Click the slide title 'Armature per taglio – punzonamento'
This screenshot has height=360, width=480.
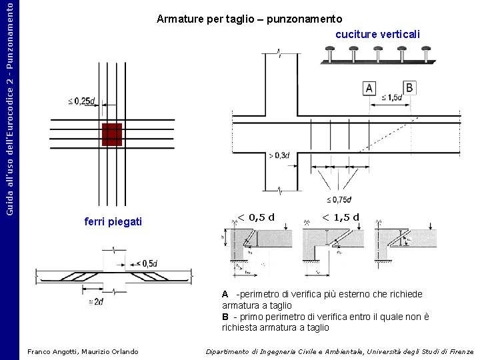click(x=249, y=19)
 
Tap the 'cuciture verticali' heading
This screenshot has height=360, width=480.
click(x=377, y=34)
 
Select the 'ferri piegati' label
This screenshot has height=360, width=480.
click(x=113, y=221)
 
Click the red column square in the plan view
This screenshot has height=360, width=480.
click(x=111, y=134)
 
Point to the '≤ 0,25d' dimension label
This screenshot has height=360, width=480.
click(x=81, y=101)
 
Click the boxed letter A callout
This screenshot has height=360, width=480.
click(x=369, y=89)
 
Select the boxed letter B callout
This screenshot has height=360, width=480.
click(x=409, y=87)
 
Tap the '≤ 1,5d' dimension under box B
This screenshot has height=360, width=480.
click(x=393, y=98)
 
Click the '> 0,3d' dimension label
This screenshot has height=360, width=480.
click(x=279, y=155)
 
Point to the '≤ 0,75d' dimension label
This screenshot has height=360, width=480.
click(x=339, y=199)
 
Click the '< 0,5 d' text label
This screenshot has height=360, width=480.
click(x=257, y=217)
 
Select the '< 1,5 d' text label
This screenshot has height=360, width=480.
click(x=340, y=217)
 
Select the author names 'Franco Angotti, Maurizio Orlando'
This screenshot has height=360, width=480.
click(x=83, y=351)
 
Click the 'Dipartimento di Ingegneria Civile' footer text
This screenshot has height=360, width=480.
click(x=339, y=351)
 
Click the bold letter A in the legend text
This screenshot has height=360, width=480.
click(x=225, y=294)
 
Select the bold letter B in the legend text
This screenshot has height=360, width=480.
click(x=225, y=317)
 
